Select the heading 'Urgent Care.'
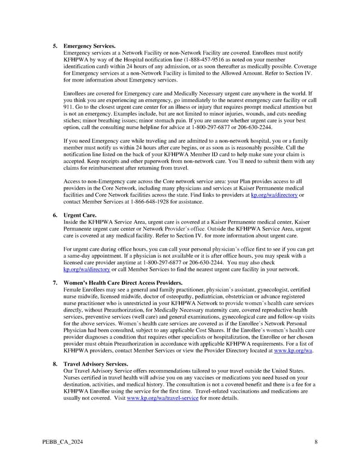(x=80, y=214)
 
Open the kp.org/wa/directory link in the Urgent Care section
(x=82, y=270)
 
